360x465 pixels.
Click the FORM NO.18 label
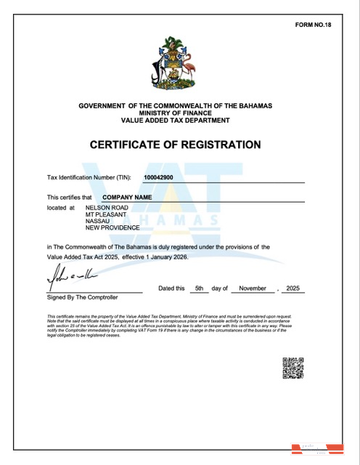point(313,25)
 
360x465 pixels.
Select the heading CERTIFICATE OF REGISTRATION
point(175,145)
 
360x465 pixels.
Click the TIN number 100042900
point(158,177)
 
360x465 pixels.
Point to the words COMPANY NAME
point(127,197)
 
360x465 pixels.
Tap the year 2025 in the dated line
point(293,288)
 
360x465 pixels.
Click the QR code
point(292,368)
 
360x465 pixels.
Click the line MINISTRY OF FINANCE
point(175,113)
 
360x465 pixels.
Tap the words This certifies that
point(70,197)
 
